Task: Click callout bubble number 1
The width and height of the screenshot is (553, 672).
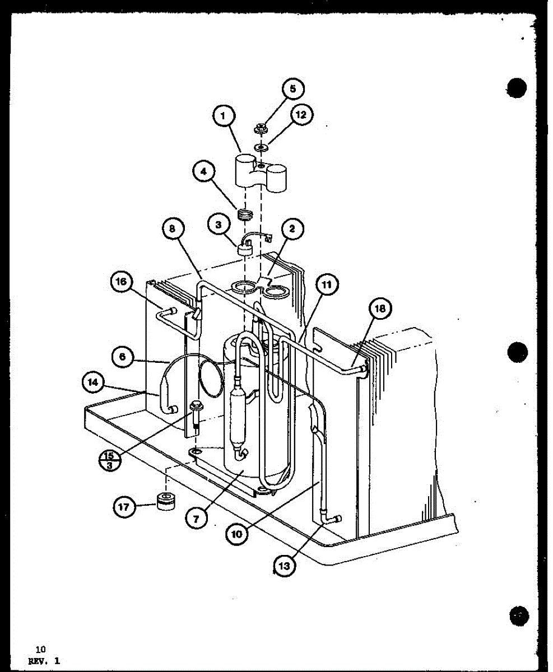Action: [224, 116]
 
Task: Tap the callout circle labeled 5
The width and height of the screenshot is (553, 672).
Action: [293, 88]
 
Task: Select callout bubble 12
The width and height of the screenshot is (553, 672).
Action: [301, 115]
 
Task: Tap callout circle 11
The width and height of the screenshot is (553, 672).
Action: [327, 285]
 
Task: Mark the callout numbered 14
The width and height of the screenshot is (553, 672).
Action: [92, 383]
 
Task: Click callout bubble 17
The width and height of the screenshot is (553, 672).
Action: [123, 507]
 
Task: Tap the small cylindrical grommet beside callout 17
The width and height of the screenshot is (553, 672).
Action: [165, 501]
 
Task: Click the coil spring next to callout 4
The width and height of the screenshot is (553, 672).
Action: [244, 213]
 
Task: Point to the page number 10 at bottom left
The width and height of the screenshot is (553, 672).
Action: [40, 650]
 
